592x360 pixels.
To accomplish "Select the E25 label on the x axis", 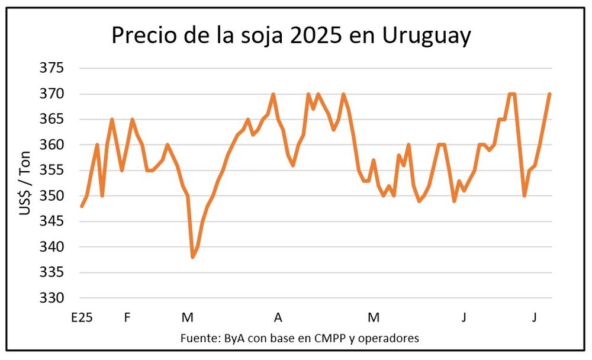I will click(82, 318).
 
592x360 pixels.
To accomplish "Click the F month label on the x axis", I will click(127, 318).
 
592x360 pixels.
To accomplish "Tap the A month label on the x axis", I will click(278, 318).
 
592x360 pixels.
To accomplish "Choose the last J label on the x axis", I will click(534, 318).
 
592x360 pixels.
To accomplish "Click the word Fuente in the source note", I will click(200, 339).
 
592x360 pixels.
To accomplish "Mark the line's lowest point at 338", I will click(192, 257).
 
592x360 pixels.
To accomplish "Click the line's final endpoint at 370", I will click(550, 94).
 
